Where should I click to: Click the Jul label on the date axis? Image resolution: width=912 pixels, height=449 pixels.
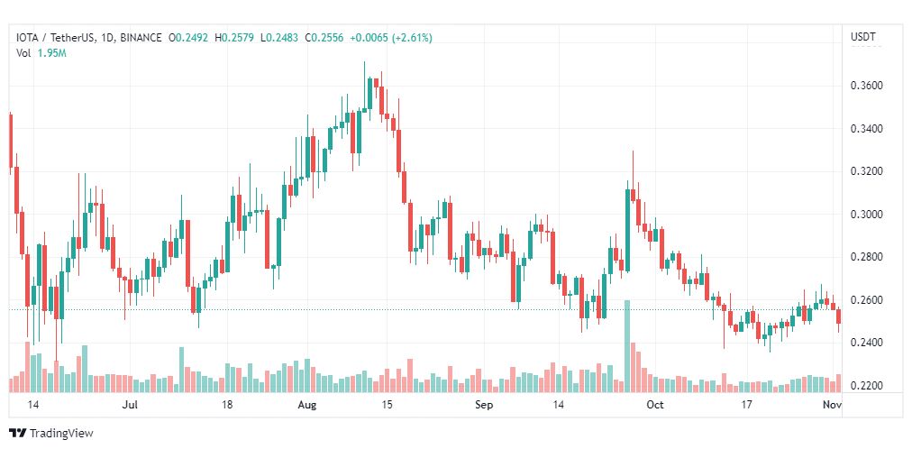tap(130, 406)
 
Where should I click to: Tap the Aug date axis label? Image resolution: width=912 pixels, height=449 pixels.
tap(307, 406)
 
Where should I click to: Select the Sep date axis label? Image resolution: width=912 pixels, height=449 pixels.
tap(485, 406)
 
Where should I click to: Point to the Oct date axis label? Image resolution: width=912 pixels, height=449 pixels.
tap(655, 406)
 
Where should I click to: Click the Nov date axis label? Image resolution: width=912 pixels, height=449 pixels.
tap(832, 406)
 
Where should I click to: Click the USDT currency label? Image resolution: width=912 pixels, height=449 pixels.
tap(862, 38)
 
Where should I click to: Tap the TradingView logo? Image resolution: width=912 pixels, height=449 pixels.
tap(51, 434)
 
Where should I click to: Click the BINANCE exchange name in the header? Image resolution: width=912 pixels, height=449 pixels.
tap(140, 38)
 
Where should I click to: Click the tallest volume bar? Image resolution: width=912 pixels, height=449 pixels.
tap(626, 346)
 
